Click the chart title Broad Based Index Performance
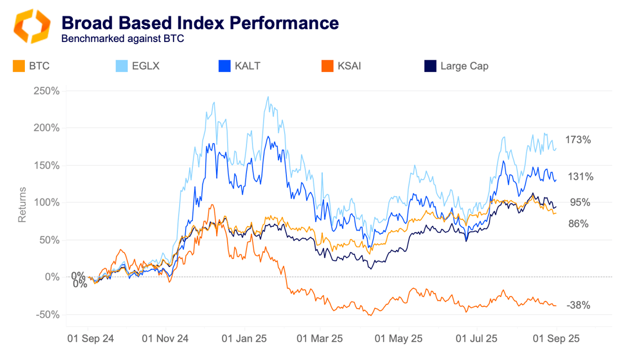[x=200, y=23]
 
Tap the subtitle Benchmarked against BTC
[x=122, y=39]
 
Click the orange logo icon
[x=32, y=26]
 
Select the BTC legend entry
[x=32, y=66]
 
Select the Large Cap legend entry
[x=456, y=66]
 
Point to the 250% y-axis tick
[x=48, y=91]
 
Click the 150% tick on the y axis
[x=48, y=165]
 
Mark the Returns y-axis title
[x=22, y=205]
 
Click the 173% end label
[x=578, y=140]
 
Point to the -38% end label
[x=578, y=305]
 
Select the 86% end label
[x=578, y=224]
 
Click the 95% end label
[x=580, y=202]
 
